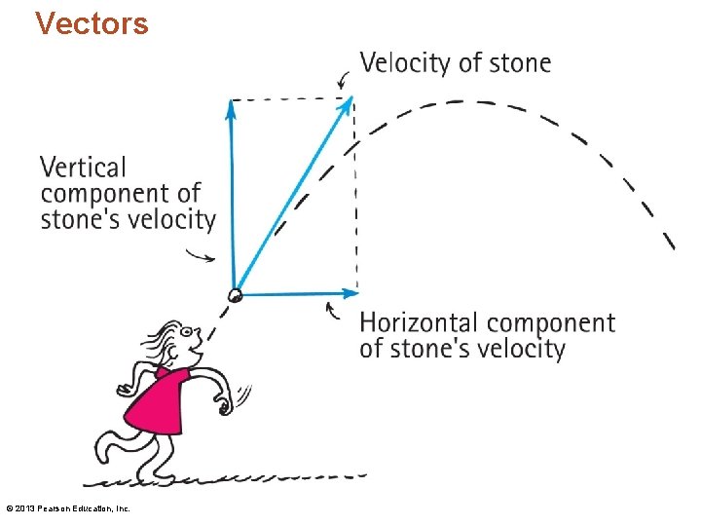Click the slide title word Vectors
pos(92,22)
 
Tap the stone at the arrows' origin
pos(235,294)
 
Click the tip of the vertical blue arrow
pos(231,103)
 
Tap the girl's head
pos(181,341)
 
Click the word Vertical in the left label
pos(84,168)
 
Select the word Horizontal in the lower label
pos(421,322)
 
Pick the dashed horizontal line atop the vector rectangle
pos(292,98)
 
